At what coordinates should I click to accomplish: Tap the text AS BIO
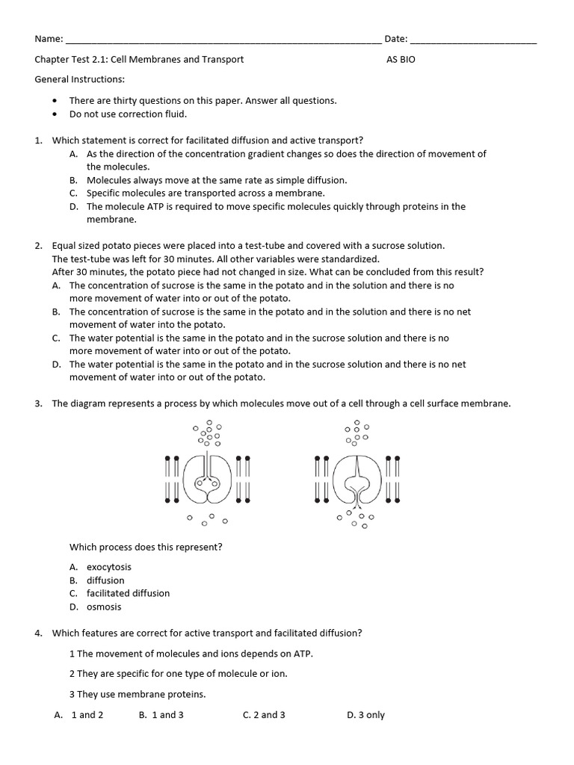tap(400, 60)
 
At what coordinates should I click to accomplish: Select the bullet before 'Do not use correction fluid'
tap(56, 114)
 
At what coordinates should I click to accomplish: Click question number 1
tap(38, 140)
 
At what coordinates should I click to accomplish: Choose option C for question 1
tap(74, 193)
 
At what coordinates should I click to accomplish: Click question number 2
tap(38, 246)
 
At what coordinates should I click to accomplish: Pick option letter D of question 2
tap(56, 365)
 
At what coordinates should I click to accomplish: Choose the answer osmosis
tap(103, 607)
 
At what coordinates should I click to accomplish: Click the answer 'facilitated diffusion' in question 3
tap(128, 593)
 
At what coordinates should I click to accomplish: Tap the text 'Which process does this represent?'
tap(146, 547)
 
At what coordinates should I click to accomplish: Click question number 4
tap(38, 633)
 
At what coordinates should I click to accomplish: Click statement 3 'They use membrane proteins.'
tap(138, 694)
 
